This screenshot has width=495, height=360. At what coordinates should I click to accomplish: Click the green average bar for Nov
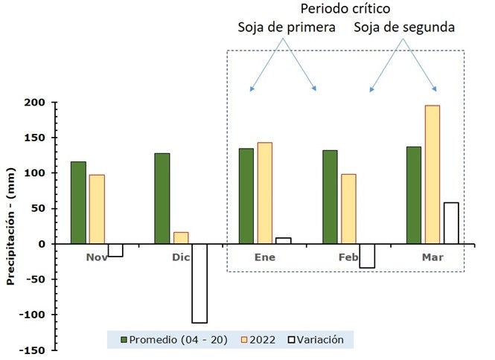[x=78, y=202]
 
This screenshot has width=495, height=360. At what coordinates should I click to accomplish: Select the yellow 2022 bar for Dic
[x=181, y=238]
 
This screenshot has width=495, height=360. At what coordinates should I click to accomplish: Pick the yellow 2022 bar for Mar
[x=432, y=175]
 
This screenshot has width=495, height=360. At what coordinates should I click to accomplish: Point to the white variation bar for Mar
[x=450, y=223]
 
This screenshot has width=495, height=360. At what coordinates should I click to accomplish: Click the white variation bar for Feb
[x=366, y=256]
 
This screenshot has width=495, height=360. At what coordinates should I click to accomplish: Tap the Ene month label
[x=264, y=257]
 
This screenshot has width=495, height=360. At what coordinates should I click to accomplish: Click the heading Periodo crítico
[x=344, y=10]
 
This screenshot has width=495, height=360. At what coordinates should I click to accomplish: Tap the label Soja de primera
[x=287, y=28]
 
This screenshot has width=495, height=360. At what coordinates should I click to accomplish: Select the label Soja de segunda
[x=404, y=28]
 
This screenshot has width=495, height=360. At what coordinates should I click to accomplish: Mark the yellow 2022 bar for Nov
[x=97, y=209]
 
